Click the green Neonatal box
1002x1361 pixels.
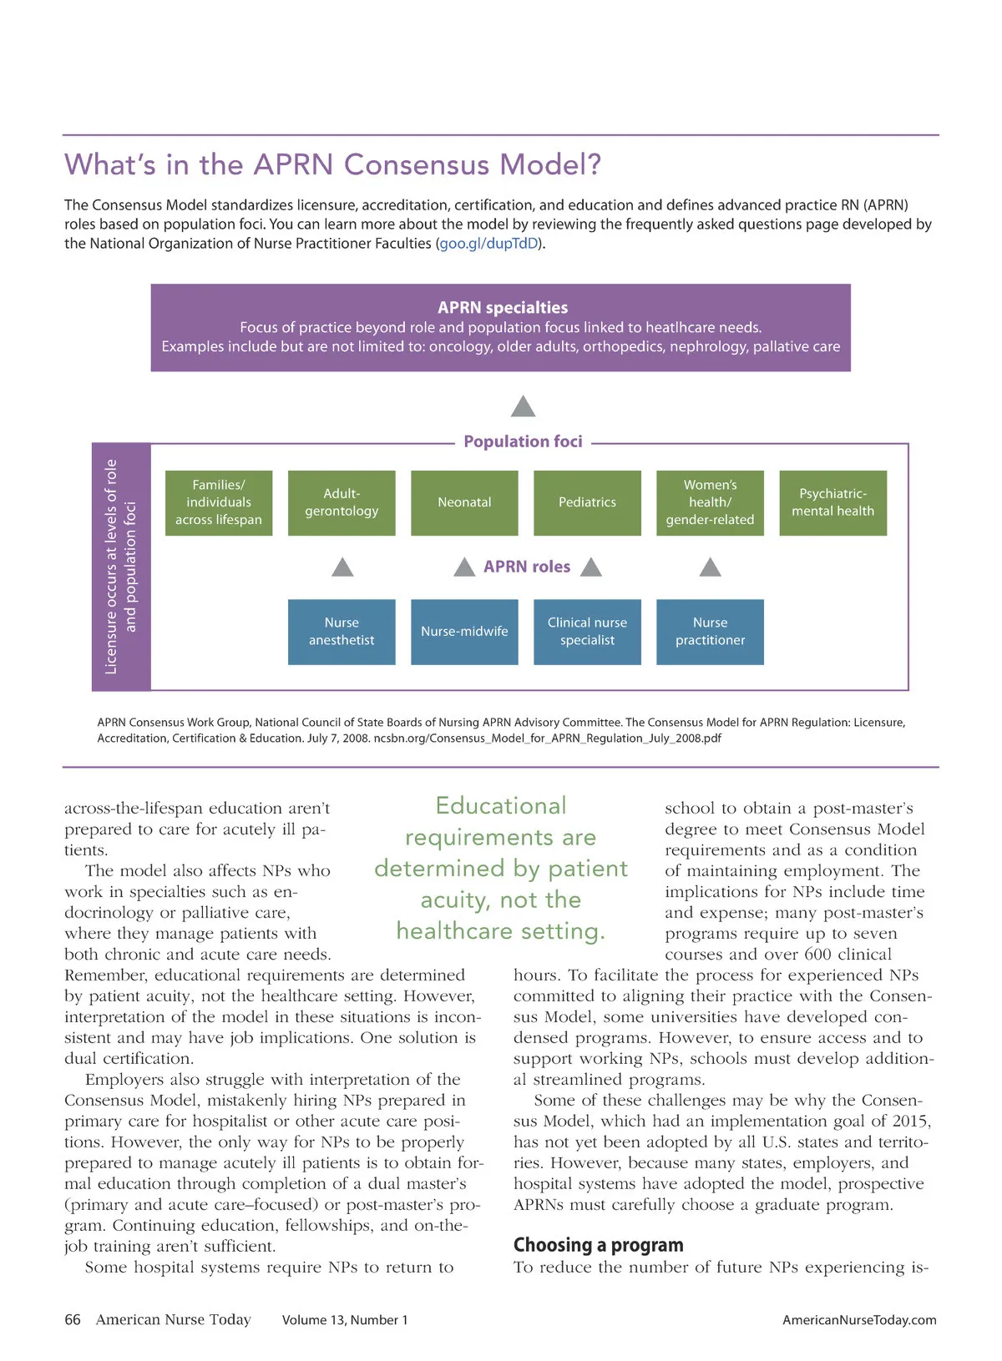pos(464,502)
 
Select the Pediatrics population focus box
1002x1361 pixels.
pos(587,502)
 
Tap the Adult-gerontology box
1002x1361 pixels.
pos(342,502)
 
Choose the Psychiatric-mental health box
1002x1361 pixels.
pos(832,502)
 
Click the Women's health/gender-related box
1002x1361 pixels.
pos(710,502)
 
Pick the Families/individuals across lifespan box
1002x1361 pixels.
pos(219,502)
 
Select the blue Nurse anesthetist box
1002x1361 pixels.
pos(342,632)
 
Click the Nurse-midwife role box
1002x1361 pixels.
pos(464,632)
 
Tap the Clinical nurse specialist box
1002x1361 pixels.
pos(587,632)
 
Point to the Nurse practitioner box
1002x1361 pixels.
pos(710,632)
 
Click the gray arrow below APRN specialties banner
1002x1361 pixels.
pos(523,406)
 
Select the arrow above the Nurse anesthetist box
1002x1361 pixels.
pos(342,567)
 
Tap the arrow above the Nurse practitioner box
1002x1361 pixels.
pos(710,567)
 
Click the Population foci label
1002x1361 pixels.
pos(523,441)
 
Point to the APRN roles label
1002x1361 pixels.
pos(527,567)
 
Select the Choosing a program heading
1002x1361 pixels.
pos(598,1245)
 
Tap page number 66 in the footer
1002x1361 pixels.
pos(73,1319)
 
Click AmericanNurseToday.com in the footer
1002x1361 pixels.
pos(859,1320)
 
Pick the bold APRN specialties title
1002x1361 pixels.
pos(503,308)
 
